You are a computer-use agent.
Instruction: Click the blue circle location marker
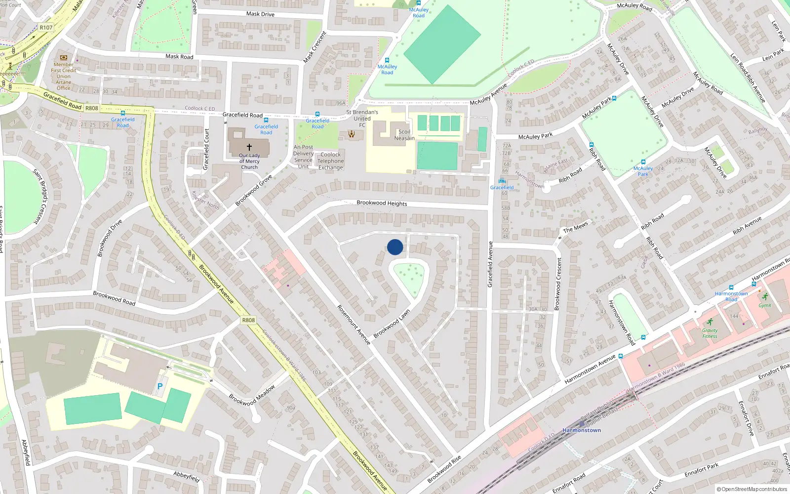pyautogui.click(x=395, y=247)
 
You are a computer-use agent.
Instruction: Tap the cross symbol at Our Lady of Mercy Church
pyautogui.click(x=249, y=147)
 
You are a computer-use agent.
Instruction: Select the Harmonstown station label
pyautogui.click(x=582, y=430)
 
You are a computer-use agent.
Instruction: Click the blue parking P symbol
pyautogui.click(x=159, y=386)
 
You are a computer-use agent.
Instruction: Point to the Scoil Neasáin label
pyautogui.click(x=404, y=135)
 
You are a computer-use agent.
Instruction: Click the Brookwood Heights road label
pyautogui.click(x=382, y=203)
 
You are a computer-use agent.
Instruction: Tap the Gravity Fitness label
pyautogui.click(x=710, y=333)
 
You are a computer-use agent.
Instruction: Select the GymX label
pyautogui.click(x=765, y=305)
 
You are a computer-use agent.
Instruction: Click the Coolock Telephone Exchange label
pyautogui.click(x=330, y=161)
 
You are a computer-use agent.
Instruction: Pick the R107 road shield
pyautogui.click(x=46, y=28)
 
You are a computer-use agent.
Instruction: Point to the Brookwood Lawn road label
pyautogui.click(x=392, y=324)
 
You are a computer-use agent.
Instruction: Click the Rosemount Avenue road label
pyautogui.click(x=354, y=325)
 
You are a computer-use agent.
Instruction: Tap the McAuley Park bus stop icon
pyautogui.click(x=643, y=162)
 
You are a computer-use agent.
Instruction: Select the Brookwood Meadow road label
pyautogui.click(x=252, y=395)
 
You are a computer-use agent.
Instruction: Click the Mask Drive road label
pyautogui.click(x=260, y=14)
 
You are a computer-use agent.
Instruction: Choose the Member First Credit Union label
pyautogui.click(x=63, y=76)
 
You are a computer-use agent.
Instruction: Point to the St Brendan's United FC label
pyautogui.click(x=362, y=119)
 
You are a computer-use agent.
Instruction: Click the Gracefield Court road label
pyautogui.click(x=207, y=149)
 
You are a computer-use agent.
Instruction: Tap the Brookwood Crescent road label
pyautogui.click(x=558, y=284)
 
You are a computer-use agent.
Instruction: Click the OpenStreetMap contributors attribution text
pyautogui.click(x=751, y=489)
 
